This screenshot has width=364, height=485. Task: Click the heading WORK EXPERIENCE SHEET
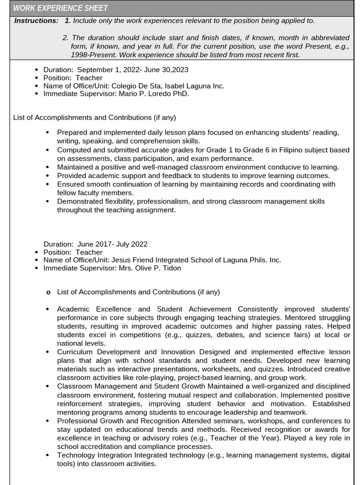click(60, 8)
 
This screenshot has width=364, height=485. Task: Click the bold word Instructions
click(36, 21)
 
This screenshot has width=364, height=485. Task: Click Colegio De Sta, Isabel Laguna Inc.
click(168, 86)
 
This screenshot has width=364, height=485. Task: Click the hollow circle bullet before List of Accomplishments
click(48, 293)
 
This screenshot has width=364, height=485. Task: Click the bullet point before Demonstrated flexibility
click(47, 202)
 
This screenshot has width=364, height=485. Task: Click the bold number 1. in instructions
click(67, 21)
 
